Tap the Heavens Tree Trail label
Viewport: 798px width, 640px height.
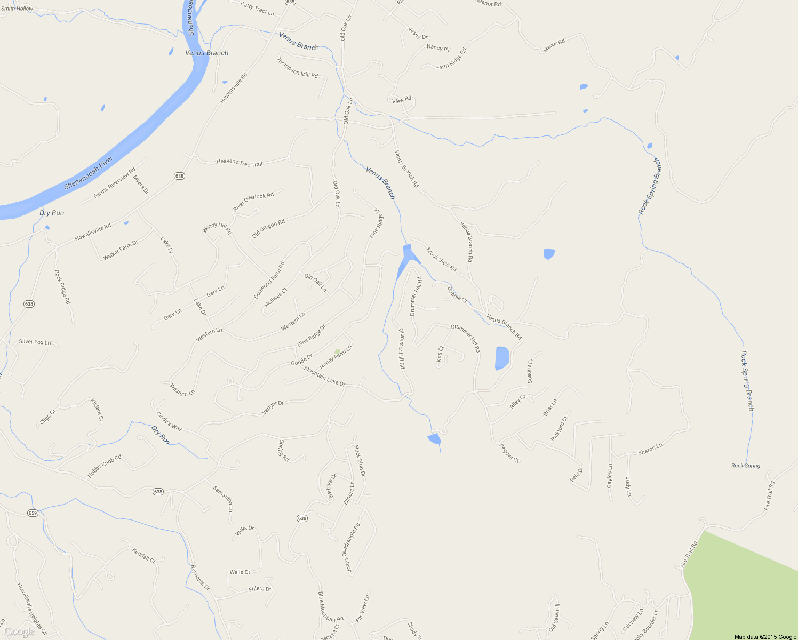(240, 163)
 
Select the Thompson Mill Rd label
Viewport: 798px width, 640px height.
(297, 68)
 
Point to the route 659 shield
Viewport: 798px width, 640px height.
(33, 513)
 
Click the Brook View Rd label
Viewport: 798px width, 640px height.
(441, 259)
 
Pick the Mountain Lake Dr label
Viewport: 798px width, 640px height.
(324, 376)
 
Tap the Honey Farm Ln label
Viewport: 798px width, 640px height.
(336, 357)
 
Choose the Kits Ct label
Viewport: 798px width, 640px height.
(440, 354)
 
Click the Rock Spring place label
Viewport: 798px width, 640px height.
(746, 466)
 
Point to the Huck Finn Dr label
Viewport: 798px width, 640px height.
(360, 461)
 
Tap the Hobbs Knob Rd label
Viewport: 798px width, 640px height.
(105, 466)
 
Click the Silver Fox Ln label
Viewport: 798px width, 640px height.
(35, 342)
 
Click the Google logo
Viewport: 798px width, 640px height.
(19, 632)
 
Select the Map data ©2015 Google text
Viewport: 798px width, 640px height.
(765, 637)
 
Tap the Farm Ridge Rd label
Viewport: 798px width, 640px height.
(451, 59)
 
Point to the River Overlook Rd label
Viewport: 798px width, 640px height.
(253, 202)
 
